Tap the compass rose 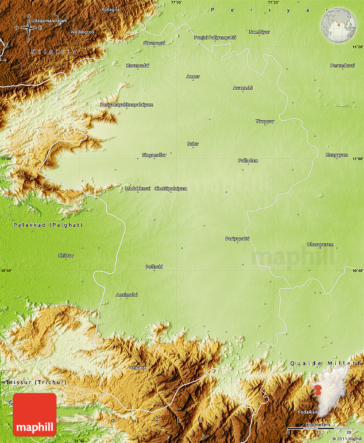point(29,28)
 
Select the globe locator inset point(338,25)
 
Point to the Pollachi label point(154,267)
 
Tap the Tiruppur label point(265,121)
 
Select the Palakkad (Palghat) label point(48,225)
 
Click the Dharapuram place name point(320,245)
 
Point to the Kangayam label point(337,155)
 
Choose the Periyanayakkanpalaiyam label point(126,105)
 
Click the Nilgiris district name point(54,52)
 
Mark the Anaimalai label point(127,295)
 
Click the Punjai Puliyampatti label point(215,38)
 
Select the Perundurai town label point(342,65)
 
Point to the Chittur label point(66,256)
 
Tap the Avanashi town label point(243,88)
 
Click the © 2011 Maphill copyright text point(347,439)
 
